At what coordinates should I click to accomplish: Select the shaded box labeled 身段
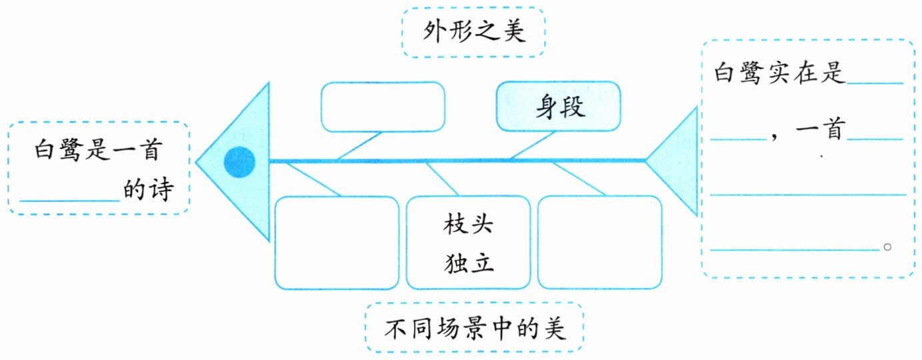(559, 107)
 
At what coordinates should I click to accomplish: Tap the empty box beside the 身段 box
(383, 107)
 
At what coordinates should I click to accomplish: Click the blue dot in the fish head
(239, 162)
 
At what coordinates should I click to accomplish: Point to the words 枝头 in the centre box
(468, 225)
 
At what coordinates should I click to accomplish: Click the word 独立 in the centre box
(468, 263)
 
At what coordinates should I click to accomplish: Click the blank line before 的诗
(69, 197)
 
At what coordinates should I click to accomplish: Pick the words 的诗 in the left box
(148, 191)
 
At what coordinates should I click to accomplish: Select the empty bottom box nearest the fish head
(337, 243)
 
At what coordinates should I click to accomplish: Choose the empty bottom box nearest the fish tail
(600, 243)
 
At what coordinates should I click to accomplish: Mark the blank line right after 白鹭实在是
(875, 82)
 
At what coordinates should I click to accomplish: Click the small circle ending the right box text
(887, 247)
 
